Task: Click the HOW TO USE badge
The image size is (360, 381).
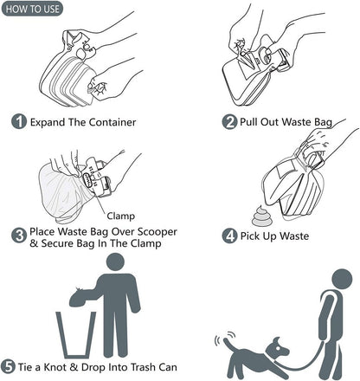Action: click(32, 9)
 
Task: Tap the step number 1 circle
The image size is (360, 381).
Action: click(19, 121)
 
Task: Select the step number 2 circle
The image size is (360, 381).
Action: click(229, 121)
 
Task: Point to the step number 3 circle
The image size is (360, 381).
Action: click(19, 236)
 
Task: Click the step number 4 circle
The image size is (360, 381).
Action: click(229, 236)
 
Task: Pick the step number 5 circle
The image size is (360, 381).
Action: click(8, 367)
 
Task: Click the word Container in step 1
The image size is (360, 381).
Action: click(112, 122)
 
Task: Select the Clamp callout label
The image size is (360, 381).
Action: click(120, 216)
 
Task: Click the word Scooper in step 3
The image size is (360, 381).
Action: click(157, 231)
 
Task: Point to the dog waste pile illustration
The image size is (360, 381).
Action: click(261, 216)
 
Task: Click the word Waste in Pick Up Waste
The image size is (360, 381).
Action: click(294, 236)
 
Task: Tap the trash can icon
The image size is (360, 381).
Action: click(76, 335)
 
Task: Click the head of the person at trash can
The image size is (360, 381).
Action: click(115, 262)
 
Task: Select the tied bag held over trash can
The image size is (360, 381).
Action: click(81, 296)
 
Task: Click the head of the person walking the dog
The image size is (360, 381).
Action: click(342, 280)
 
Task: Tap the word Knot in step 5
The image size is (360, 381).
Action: click(55, 367)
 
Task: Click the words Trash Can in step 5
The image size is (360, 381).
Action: click(154, 367)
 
